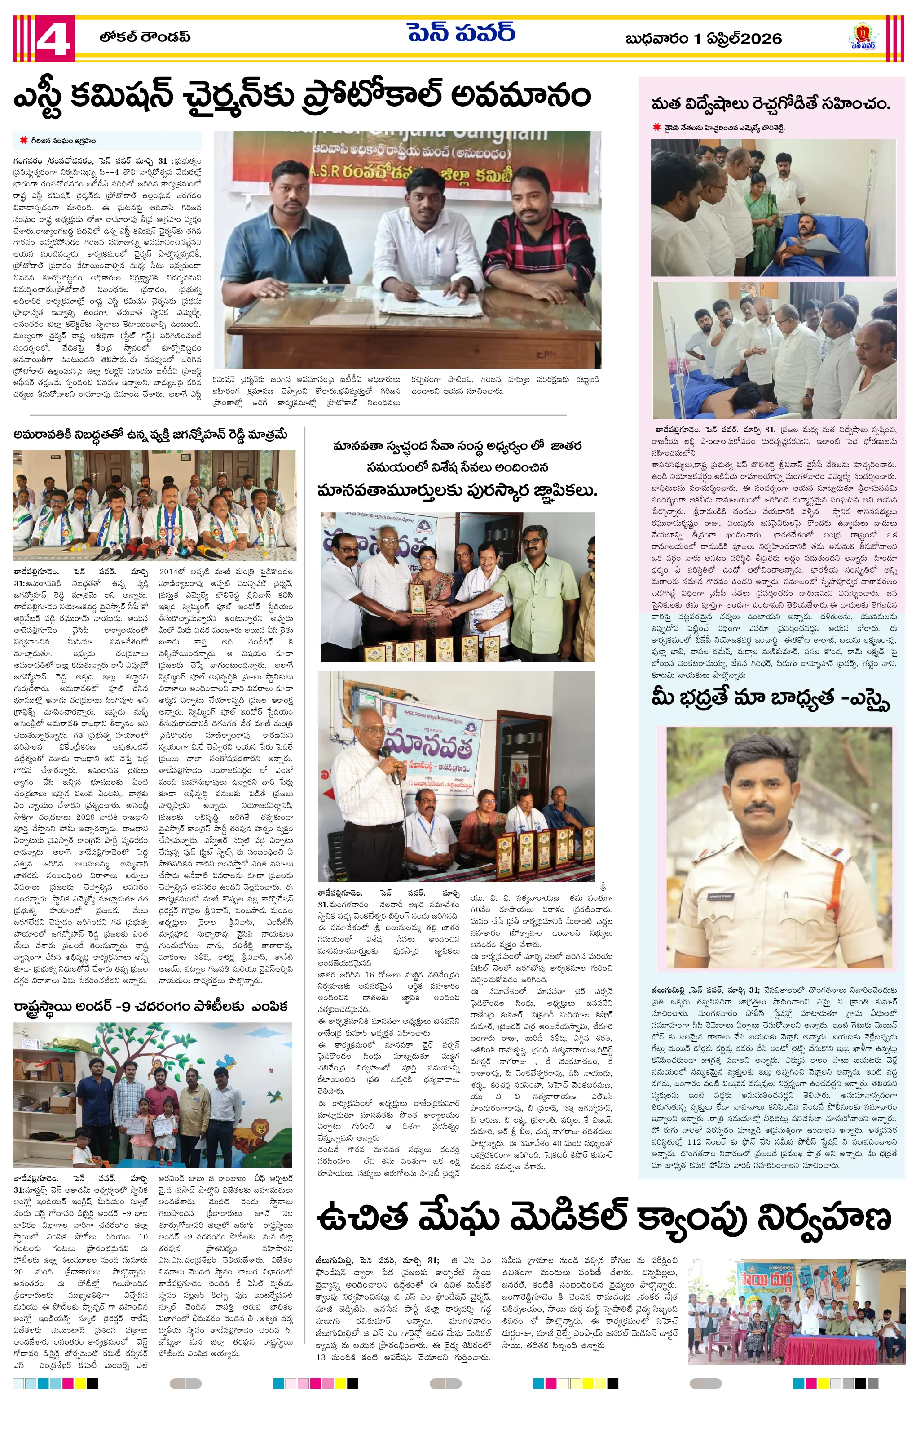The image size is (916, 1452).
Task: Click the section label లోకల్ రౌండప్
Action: click(x=145, y=37)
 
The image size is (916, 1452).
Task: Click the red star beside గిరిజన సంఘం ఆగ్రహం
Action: click(x=23, y=141)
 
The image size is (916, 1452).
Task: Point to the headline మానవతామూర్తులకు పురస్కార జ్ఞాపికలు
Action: click(x=456, y=491)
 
